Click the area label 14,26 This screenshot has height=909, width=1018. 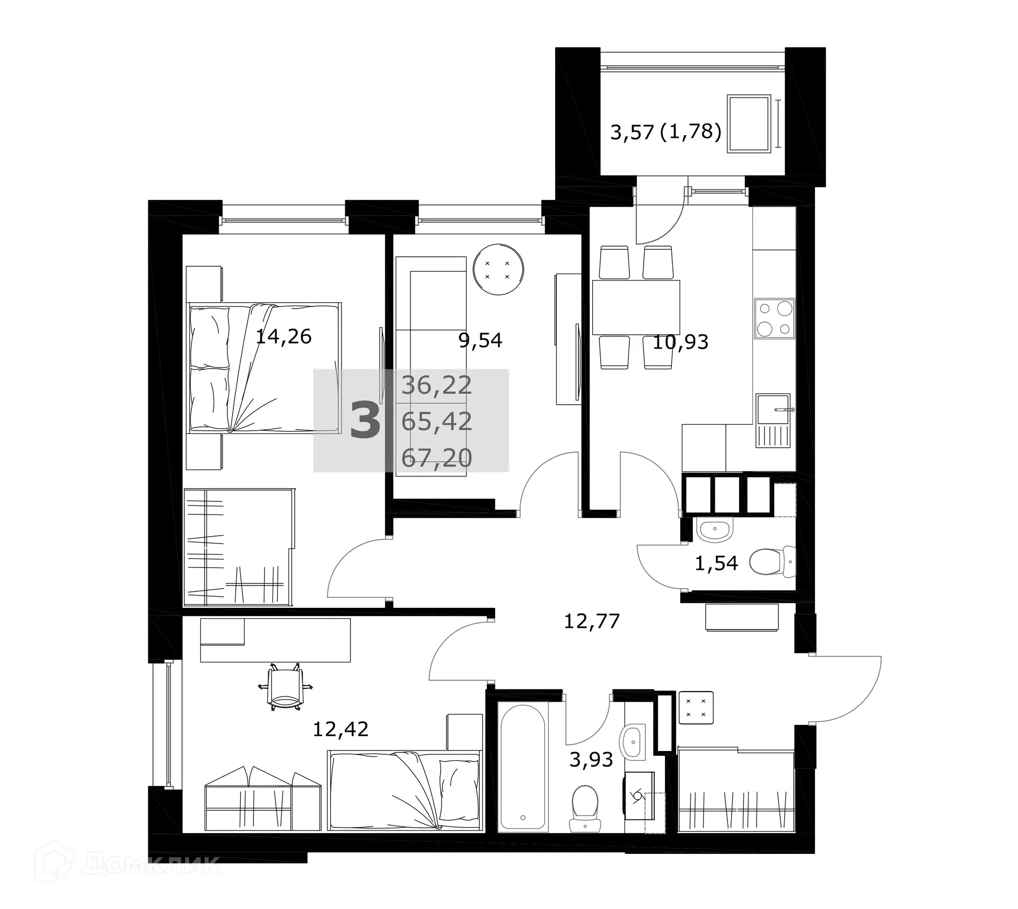[x=283, y=337]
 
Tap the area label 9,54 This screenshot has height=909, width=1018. [x=480, y=340]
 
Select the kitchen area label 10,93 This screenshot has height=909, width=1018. [x=680, y=343]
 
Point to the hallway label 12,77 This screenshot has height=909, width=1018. [x=591, y=621]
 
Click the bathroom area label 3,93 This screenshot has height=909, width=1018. [x=591, y=760]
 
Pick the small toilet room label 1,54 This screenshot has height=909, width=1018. [x=716, y=563]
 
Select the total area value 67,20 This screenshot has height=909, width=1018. [x=436, y=458]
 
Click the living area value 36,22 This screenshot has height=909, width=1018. [x=436, y=386]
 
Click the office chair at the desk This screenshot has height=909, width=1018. [x=285, y=688]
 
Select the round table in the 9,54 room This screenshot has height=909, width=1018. [x=498, y=269]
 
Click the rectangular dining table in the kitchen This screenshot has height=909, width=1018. [x=636, y=308]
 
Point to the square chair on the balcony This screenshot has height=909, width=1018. [x=749, y=124]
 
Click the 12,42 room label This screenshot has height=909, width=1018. [x=340, y=730]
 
